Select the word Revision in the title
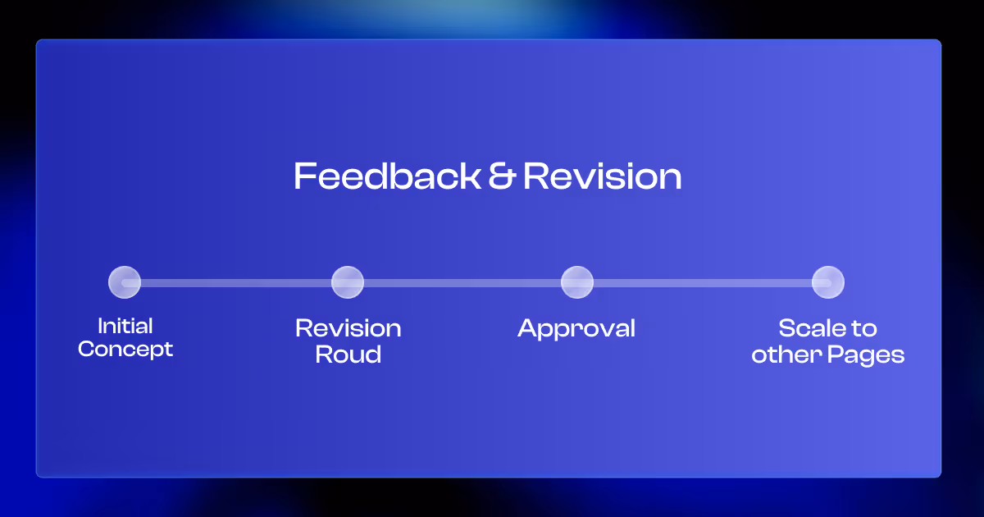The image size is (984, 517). click(x=603, y=176)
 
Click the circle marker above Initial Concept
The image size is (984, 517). click(x=125, y=282)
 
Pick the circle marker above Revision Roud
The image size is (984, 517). click(x=348, y=282)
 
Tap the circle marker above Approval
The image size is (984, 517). click(x=577, y=282)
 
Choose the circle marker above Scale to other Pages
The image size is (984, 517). click(x=827, y=282)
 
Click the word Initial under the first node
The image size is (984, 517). click(x=125, y=326)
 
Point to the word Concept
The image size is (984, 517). click(x=125, y=349)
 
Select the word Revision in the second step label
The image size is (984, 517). click(x=348, y=328)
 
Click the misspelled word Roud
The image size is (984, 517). click(x=348, y=355)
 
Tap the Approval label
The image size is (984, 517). click(x=576, y=329)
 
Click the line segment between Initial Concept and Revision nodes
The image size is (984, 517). click(x=236, y=283)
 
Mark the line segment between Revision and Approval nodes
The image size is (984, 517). click(x=462, y=283)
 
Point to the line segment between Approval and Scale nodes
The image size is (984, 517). click(x=702, y=283)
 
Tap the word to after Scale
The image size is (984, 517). click(x=864, y=328)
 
